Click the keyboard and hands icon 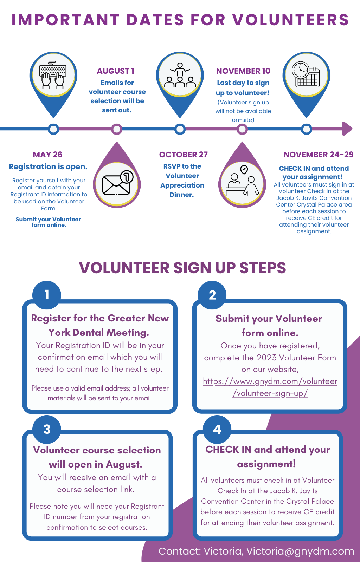[53, 75]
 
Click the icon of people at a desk [242, 181]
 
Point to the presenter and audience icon [180, 75]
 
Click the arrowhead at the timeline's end [347, 129]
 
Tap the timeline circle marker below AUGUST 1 [117, 129]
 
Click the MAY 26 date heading [48, 155]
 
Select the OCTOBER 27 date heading [183, 155]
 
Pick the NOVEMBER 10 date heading [243, 71]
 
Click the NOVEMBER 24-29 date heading [318, 155]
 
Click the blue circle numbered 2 [212, 295]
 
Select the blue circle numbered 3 [47, 430]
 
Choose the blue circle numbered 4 [217, 430]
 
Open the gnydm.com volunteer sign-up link [270, 387]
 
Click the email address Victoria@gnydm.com [300, 551]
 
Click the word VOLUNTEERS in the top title [290, 20]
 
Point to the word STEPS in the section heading [263, 268]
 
